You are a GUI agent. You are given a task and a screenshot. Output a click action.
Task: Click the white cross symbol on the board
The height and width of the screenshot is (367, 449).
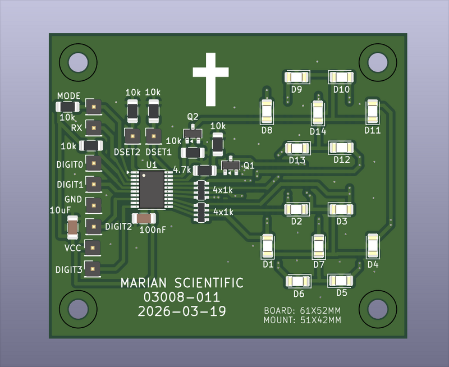211,79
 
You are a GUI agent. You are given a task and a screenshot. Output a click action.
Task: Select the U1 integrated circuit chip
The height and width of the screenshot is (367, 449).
152,190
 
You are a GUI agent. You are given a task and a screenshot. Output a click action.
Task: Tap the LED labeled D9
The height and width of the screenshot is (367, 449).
297,77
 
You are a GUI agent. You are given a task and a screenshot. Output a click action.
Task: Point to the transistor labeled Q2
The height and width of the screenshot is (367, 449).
193,134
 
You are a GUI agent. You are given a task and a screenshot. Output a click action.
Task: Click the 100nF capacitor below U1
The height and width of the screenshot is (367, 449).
144,219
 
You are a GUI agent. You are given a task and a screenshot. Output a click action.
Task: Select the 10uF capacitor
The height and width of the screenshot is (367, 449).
72,228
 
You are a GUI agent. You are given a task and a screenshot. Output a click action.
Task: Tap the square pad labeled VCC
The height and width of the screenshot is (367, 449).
93,247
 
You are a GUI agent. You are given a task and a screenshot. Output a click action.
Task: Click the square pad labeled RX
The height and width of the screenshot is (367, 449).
94,128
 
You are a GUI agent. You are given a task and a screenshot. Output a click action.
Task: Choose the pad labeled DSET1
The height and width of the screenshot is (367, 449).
153,136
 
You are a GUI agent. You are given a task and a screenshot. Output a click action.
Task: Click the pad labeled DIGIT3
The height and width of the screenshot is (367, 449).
93,269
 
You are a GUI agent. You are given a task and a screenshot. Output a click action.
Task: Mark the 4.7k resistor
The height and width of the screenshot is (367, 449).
205,171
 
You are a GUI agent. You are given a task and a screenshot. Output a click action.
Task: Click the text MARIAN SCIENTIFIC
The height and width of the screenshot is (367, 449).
182,283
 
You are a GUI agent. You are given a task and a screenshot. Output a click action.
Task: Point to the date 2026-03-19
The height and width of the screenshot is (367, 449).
182,311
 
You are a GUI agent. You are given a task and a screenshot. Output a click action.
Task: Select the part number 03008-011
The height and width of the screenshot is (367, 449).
182,297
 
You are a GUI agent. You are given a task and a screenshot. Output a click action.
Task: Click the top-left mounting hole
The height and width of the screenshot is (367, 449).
78,62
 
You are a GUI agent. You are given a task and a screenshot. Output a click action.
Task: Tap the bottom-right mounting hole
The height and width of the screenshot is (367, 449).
378,309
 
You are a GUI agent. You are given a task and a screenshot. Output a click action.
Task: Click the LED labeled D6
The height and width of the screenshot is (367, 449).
298,281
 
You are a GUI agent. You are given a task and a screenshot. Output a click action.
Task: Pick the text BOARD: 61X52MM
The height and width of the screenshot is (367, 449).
303,311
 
